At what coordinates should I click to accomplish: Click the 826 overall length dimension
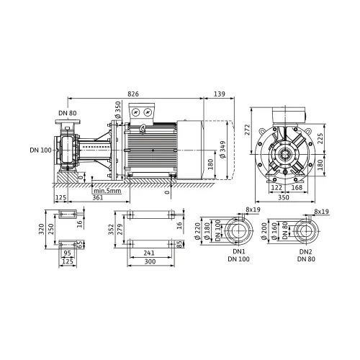133,94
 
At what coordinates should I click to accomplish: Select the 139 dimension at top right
220,94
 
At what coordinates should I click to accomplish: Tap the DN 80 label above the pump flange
68,113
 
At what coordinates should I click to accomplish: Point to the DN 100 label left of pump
40,150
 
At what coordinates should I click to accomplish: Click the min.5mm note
107,191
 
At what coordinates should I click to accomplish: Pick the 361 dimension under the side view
98,197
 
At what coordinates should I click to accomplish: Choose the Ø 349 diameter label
222,149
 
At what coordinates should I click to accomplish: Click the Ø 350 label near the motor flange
118,110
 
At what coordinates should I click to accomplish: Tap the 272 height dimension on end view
248,130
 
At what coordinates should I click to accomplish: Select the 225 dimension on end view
320,138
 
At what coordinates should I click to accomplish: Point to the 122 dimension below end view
276,187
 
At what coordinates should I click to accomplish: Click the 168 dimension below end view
297,187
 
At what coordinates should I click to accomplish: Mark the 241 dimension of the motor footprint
149,253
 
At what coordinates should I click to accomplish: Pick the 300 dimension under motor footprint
150,261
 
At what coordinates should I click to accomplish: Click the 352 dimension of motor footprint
111,230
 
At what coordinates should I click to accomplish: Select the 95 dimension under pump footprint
68,253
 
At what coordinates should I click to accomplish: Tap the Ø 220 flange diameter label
197,231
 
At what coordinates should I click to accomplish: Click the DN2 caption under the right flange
306,252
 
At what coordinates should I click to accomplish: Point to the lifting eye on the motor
143,127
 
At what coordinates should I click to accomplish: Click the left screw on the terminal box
136,112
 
